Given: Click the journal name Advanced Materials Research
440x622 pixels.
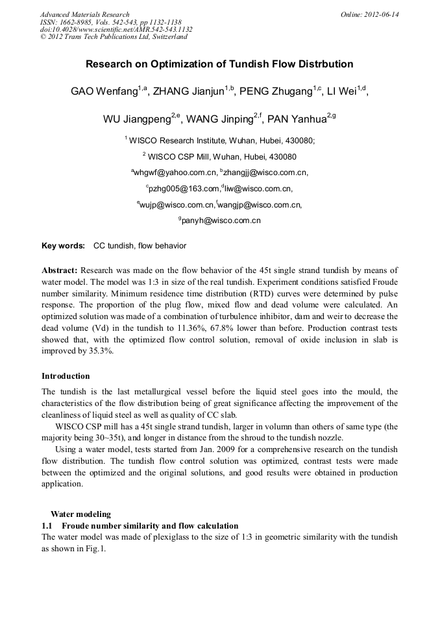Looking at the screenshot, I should point(84,14).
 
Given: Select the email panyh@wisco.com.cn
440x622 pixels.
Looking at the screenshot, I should point(221,221).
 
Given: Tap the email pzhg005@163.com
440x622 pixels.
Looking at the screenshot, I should point(183,189).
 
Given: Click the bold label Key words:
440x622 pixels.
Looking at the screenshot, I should point(63,246).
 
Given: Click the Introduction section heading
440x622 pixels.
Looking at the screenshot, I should point(66,376).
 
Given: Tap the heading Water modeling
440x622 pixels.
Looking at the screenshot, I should point(80,514).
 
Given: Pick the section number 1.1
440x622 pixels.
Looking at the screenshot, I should point(47,526).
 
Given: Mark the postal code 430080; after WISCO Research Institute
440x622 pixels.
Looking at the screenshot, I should point(295,140).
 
